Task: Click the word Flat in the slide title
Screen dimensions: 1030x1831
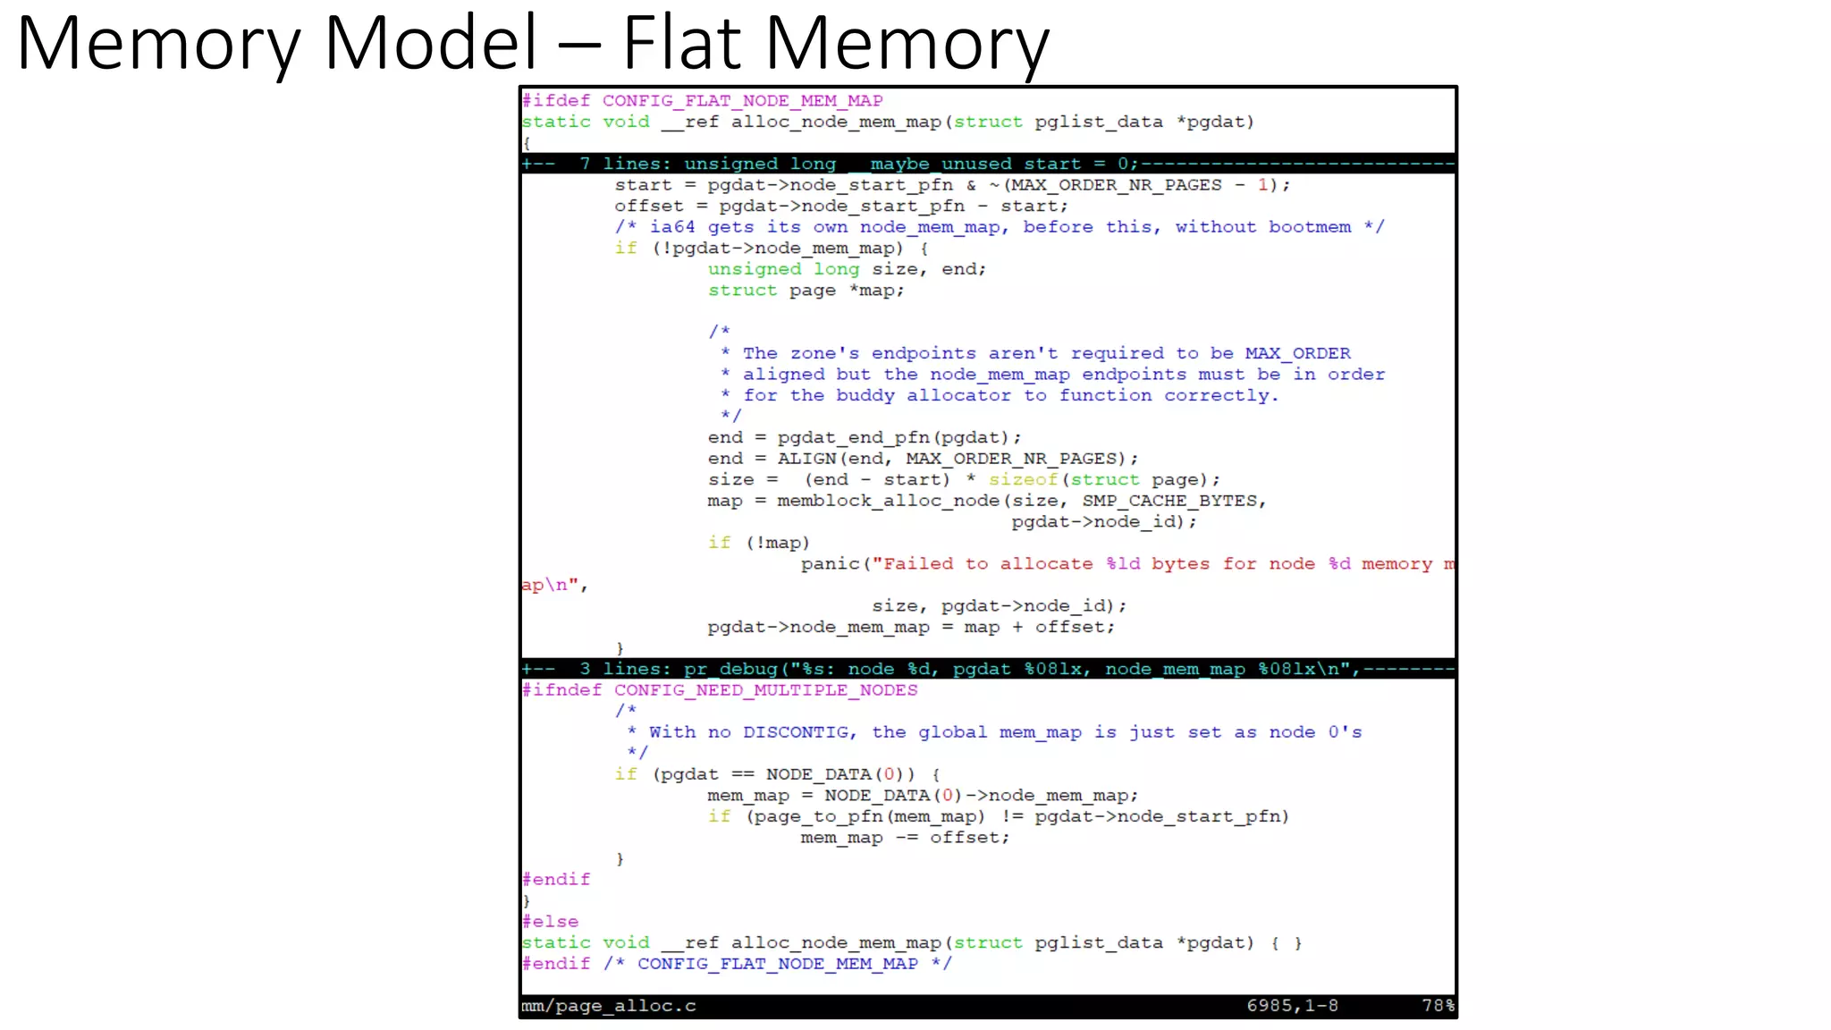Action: click(681, 43)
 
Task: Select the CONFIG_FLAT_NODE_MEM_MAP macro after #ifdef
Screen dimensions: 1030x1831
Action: click(742, 101)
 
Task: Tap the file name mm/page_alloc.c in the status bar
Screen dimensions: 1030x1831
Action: click(608, 1006)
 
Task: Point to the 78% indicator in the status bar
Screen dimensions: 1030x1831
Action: click(1438, 1006)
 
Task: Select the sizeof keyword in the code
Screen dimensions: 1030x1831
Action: click(1023, 480)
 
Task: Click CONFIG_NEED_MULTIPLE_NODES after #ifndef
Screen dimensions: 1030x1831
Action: click(765, 690)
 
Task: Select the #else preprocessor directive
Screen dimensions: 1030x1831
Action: click(550, 922)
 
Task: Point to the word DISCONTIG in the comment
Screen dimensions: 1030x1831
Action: click(795, 732)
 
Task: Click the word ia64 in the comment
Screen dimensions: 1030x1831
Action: click(672, 227)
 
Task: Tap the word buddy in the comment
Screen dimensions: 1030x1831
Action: click(865, 395)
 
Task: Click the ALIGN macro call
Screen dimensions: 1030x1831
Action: click(806, 459)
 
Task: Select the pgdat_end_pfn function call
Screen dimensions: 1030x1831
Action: click(854, 438)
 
